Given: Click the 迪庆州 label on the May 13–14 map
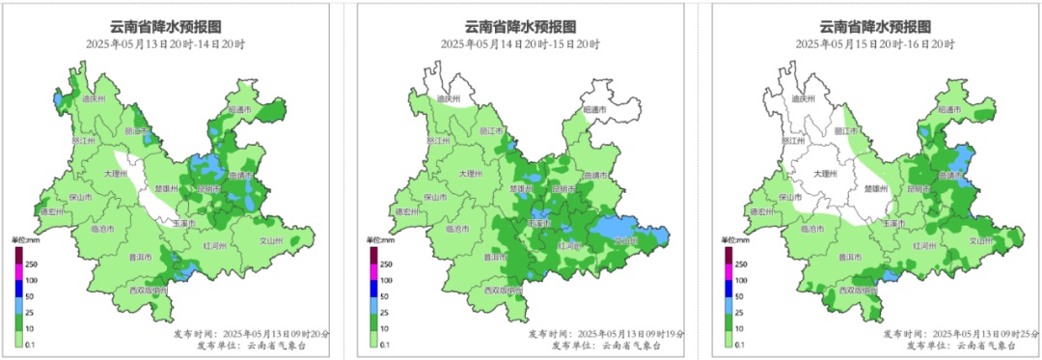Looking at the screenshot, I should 91,98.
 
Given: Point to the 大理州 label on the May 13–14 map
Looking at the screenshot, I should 116,174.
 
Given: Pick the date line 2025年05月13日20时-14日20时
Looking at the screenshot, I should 166,44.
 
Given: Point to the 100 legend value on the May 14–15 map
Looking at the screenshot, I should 387,280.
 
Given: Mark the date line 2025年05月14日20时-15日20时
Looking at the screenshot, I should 521,44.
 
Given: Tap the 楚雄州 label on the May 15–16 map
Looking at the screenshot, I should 874,189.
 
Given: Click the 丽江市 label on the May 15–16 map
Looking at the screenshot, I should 846,130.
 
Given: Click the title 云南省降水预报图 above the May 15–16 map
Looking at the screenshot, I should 875,26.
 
